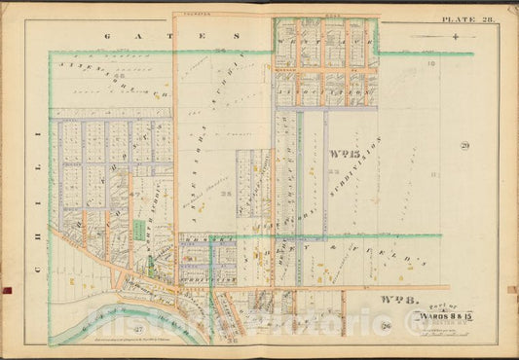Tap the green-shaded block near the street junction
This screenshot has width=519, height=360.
point(139,231)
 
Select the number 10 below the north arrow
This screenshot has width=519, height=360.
point(429,61)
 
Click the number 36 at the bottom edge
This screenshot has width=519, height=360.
point(231,342)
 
